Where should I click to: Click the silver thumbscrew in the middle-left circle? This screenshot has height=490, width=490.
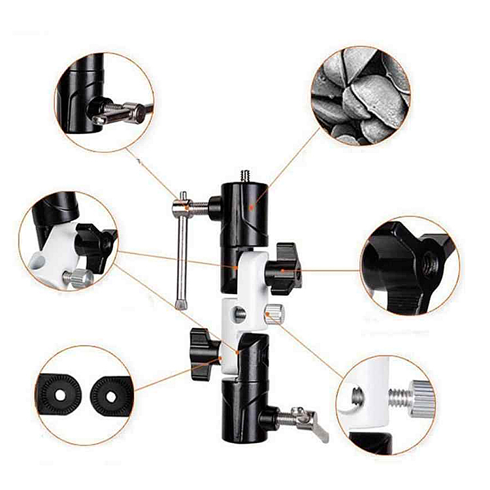point(77,278)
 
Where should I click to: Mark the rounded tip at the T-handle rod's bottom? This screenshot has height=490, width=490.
point(180,303)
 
